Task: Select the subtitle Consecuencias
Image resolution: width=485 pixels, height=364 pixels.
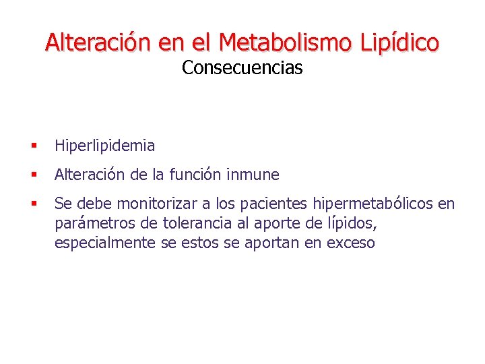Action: [242, 68]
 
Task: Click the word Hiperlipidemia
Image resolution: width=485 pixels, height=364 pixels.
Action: [104, 146]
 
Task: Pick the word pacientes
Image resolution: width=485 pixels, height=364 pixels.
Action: [278, 204]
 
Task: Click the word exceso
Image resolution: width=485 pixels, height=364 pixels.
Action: [350, 243]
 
